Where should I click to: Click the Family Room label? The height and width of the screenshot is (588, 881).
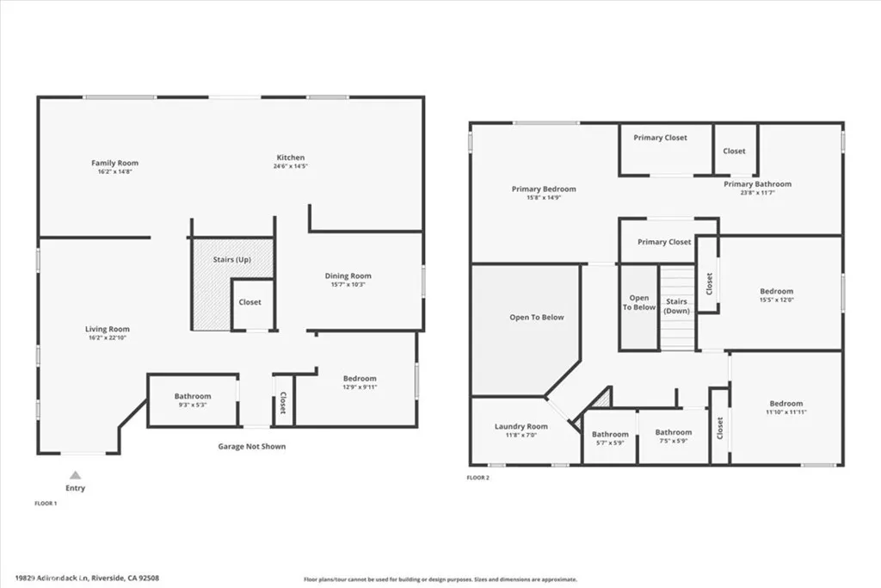[114, 163]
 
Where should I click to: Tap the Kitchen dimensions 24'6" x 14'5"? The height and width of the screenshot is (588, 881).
[290, 166]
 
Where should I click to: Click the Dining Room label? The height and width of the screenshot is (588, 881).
[348, 276]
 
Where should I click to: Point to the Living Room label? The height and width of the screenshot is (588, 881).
[107, 329]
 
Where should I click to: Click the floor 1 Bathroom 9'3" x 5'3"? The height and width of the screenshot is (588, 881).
[193, 400]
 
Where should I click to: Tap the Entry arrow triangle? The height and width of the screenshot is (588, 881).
[75, 474]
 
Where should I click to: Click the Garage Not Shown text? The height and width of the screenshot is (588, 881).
[250, 447]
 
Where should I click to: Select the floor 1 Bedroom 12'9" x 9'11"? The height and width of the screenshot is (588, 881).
[359, 382]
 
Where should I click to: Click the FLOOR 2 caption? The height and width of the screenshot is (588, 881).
[477, 477]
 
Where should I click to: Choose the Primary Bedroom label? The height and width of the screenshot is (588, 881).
[544, 189]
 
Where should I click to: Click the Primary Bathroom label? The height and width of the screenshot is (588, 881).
[757, 184]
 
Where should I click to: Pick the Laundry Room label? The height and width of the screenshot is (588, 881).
[521, 426]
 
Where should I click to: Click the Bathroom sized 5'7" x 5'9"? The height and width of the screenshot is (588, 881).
[609, 438]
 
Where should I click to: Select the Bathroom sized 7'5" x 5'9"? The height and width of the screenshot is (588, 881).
[673, 436]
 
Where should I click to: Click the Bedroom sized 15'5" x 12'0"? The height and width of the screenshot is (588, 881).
[776, 295]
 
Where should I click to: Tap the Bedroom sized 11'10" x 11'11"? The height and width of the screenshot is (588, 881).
[786, 407]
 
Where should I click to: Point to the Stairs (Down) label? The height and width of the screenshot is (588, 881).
[676, 306]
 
